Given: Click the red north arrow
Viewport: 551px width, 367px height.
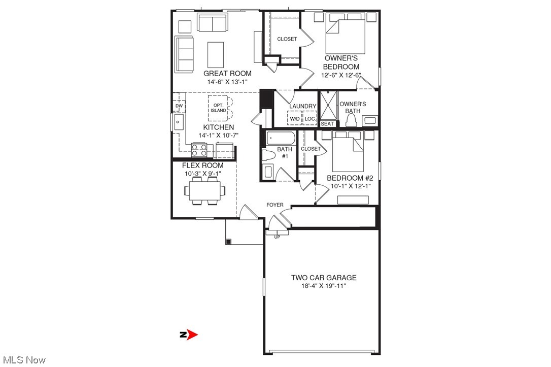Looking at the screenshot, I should (191, 335).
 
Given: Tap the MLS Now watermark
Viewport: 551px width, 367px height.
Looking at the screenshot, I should (23, 360).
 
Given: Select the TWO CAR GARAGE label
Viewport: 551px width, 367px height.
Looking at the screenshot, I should (323, 278).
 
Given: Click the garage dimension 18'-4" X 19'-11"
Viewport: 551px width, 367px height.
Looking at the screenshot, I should (323, 286).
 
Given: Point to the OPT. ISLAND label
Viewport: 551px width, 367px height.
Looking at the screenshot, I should (219, 107).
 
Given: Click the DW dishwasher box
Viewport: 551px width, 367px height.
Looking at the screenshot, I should (179, 106).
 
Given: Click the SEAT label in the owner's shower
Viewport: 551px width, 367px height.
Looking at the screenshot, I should (328, 123).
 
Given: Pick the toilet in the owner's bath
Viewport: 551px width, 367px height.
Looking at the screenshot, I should (350, 120).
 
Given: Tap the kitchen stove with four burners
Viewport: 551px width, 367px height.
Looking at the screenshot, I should (199, 150).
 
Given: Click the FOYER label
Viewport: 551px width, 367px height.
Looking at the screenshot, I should (275, 205).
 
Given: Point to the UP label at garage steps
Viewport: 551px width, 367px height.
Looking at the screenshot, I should (277, 237).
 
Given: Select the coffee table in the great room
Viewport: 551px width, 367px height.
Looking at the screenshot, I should (216, 52).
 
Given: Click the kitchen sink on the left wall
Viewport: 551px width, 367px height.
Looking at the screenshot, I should (179, 122).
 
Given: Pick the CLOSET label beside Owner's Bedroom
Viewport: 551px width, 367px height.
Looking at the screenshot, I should (287, 39).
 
